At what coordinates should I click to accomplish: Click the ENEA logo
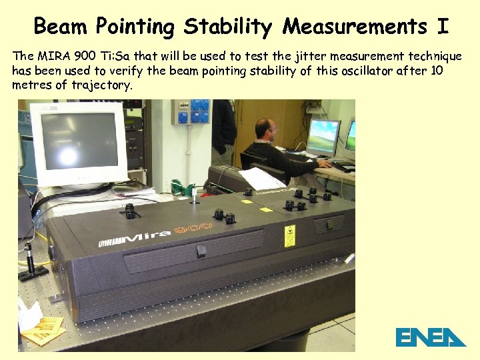pyautogui.click(x=430, y=337)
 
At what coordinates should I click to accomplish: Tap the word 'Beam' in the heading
pyautogui.click(x=61, y=27)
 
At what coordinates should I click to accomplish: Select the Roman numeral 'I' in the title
pyautogui.click(x=443, y=27)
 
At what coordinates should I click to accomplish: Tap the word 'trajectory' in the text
pyautogui.click(x=104, y=85)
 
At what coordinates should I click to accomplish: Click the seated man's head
pyautogui.click(x=266, y=129)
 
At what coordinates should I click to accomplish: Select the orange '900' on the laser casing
pyautogui.click(x=193, y=230)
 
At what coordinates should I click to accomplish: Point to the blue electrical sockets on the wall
pyautogui.click(x=191, y=112)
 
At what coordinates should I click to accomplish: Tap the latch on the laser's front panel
pyautogui.click(x=201, y=251)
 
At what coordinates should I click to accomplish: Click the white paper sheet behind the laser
pyautogui.click(x=261, y=178)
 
